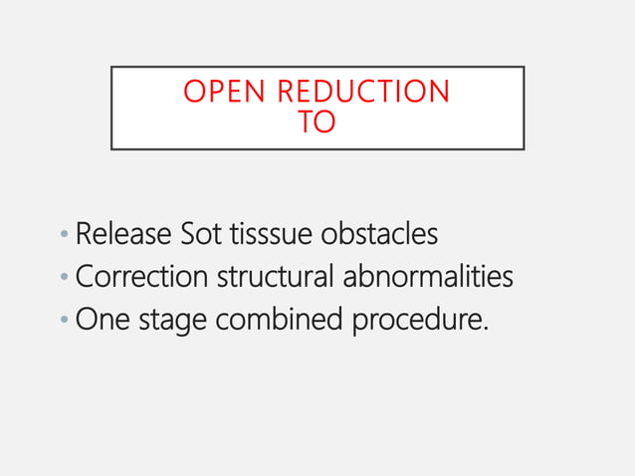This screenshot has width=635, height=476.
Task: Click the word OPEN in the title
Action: point(225,92)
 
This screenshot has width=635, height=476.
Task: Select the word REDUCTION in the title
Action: point(364,92)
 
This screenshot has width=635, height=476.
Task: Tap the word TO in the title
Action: point(317,122)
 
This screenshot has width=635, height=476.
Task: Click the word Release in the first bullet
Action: point(123,235)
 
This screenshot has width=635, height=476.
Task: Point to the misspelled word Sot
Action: point(203,235)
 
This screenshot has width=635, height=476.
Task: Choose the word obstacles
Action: point(381,235)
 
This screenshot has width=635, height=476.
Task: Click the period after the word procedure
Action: point(487,329)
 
